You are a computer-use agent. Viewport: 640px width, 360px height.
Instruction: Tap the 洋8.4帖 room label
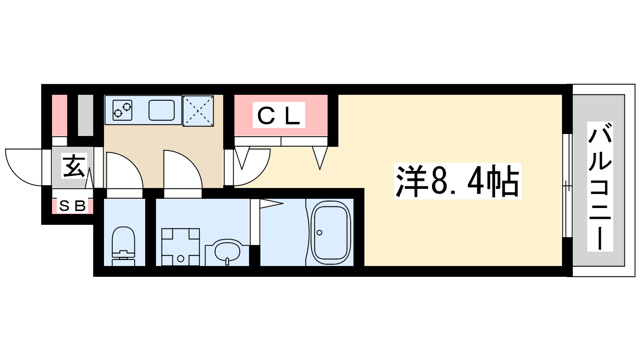pos(457,181)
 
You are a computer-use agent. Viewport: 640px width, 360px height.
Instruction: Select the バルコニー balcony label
pos(600,186)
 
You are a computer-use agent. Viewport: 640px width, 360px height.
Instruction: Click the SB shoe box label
pos(72,206)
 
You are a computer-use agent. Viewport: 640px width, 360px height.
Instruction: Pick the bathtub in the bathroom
pos(330,232)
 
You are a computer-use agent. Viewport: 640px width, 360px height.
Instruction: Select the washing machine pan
pos(180,246)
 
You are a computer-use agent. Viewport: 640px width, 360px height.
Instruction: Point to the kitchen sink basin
pos(162,110)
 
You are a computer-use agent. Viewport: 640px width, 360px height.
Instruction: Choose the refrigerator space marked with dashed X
pos(198,111)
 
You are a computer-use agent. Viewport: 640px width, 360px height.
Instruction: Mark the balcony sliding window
pos(566,186)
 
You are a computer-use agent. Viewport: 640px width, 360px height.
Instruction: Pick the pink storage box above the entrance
pos(60,115)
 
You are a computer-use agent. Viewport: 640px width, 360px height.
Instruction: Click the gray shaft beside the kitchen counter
pos(85,115)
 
